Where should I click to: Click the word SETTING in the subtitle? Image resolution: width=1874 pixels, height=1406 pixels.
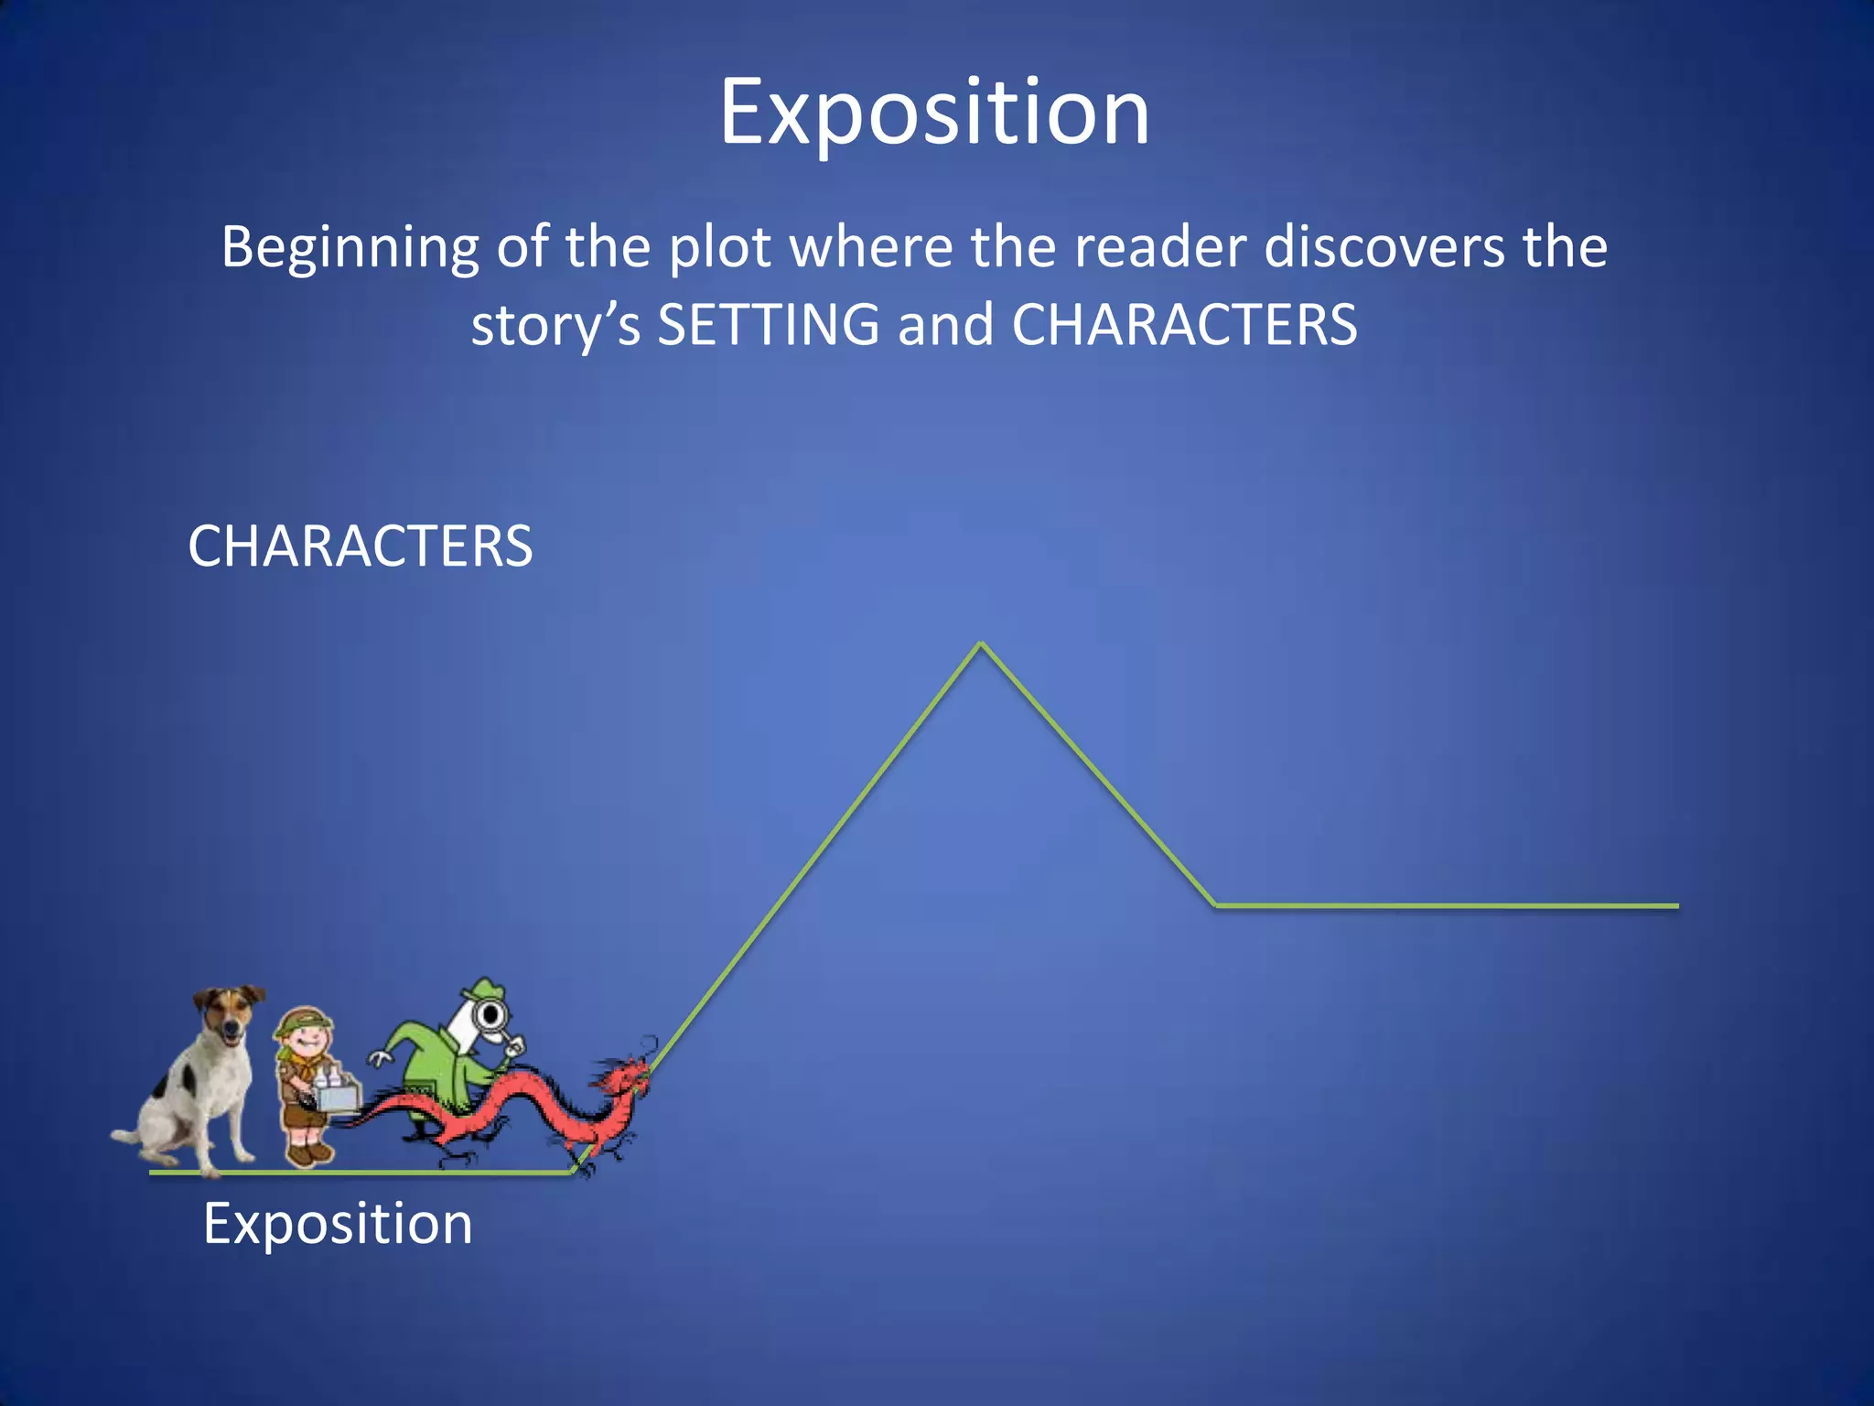click(768, 325)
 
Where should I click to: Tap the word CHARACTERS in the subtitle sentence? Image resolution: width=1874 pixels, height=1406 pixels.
click(1184, 325)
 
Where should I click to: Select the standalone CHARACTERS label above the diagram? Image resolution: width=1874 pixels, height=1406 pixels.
click(360, 546)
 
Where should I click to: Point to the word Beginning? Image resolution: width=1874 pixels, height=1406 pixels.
click(350, 248)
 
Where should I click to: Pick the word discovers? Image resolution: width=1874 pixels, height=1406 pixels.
click(1384, 247)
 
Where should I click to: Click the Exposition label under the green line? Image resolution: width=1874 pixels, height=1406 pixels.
click(338, 1223)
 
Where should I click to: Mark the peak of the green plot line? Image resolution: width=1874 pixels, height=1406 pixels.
click(981, 644)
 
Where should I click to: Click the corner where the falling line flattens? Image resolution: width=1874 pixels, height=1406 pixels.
click(1216, 905)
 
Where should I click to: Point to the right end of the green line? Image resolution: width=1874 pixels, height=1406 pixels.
click(1675, 905)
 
